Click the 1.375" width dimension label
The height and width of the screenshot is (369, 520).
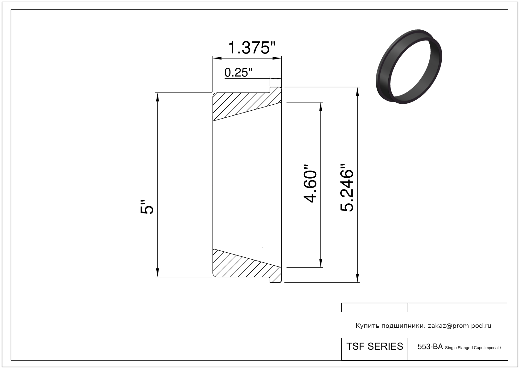[x=252, y=48]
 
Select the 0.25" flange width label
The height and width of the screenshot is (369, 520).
[x=238, y=72]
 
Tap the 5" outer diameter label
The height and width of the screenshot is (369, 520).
[x=147, y=206]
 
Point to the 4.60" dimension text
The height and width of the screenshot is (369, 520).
[x=310, y=184]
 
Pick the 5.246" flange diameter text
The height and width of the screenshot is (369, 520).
[x=347, y=188]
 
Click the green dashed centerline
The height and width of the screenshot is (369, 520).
[x=248, y=185]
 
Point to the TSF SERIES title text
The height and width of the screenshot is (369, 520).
[x=374, y=347]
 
